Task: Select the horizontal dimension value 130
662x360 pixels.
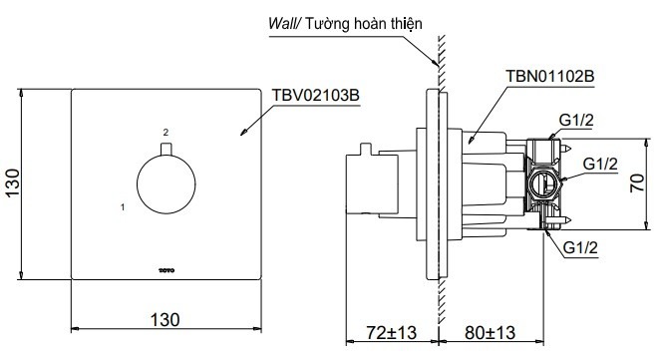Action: coord(165,319)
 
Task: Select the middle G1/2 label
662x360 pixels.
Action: coord(601,163)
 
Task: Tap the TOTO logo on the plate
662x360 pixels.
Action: coord(165,268)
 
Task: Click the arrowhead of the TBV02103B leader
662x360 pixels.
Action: coord(242,134)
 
